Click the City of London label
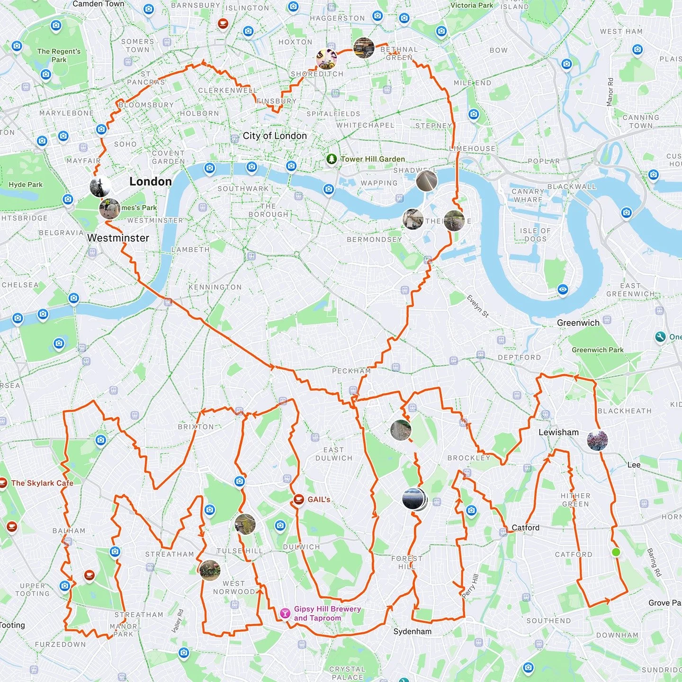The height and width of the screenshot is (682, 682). coord(275,136)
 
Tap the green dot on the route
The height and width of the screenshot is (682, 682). coord(616,552)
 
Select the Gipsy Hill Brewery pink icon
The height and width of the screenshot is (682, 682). coord(285,614)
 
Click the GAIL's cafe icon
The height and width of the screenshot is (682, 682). coord(298,499)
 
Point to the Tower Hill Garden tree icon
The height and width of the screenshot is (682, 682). coord(332,159)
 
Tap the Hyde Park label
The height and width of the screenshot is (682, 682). coord(26,185)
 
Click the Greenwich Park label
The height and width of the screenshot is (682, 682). coord(597,350)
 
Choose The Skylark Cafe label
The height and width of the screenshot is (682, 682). coord(42,483)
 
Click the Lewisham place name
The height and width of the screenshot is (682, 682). coord(558,432)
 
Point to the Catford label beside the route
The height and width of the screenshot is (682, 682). coord(525,528)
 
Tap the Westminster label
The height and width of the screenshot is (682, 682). coord(118,238)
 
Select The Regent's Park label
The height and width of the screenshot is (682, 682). coord(59,55)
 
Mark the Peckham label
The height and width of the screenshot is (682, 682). coord(351,371)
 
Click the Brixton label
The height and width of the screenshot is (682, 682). coord(196,427)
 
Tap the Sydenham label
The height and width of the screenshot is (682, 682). coord(412,631)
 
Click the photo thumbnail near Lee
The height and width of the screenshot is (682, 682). coord(597,440)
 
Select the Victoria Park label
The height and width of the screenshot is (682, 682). coord(471,5)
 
